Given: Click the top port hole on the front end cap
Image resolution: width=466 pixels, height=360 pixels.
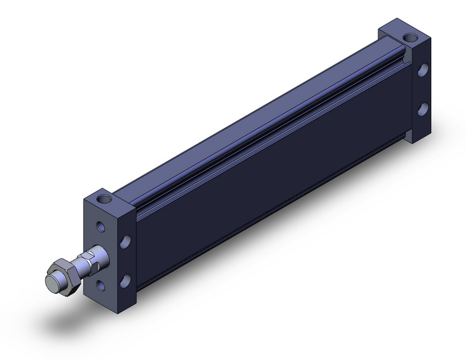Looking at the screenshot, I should (106, 199).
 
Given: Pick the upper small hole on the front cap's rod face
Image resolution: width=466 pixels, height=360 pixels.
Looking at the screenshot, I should (100, 227).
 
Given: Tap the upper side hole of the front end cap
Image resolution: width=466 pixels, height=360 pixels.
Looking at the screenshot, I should (127, 240).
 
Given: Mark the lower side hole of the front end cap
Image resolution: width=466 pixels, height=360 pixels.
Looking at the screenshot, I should (126, 281).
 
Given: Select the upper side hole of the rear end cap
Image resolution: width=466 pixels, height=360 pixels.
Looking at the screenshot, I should (422, 71).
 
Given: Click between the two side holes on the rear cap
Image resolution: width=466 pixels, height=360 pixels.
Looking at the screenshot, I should (422, 90).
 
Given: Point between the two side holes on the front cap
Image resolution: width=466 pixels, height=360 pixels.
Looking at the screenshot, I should (126, 261).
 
